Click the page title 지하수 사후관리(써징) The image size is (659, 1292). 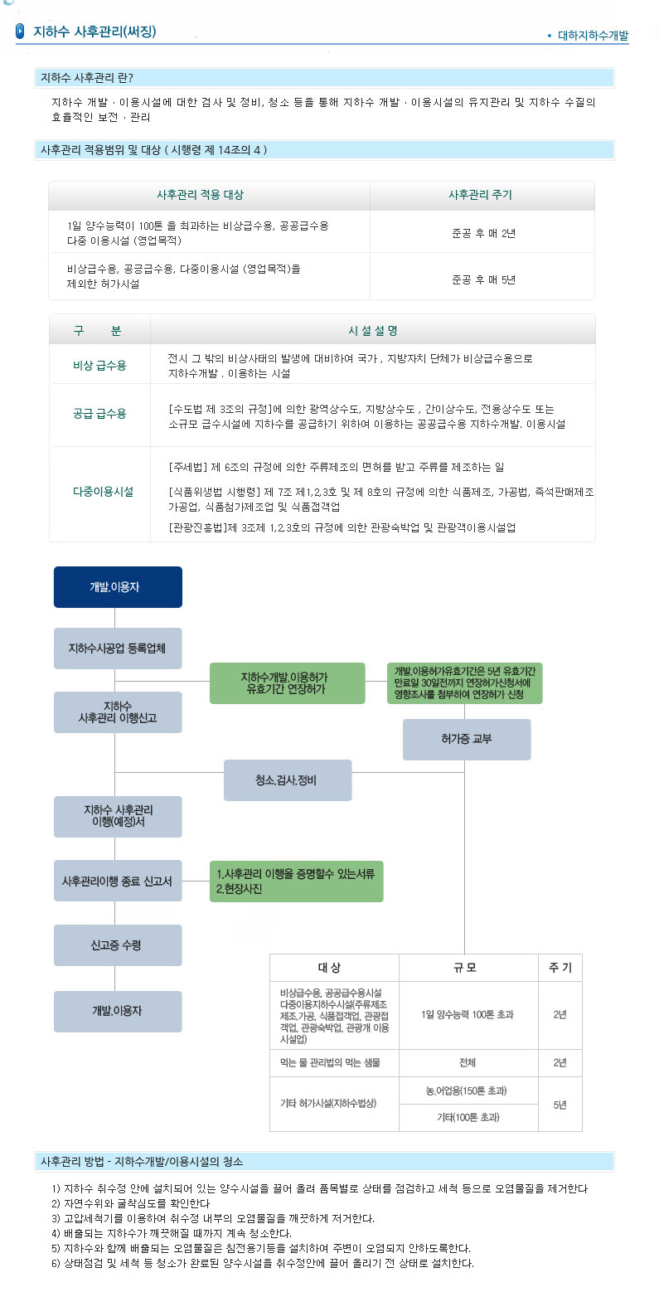pos(94,32)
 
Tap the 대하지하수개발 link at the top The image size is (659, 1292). pos(593,36)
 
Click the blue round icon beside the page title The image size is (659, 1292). pos(21,32)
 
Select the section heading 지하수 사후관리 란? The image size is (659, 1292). pos(87,78)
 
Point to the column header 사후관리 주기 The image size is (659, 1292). pos(480,195)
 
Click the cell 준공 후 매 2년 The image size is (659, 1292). pos(483,233)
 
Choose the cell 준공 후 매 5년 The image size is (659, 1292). pos(483,279)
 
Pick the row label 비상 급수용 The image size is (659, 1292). pos(99,365)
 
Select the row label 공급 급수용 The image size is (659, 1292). pos(99,414)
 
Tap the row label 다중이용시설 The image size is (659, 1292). pos(103,492)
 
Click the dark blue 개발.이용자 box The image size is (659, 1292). pos(118,587)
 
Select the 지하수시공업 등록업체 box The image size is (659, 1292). pos(118,648)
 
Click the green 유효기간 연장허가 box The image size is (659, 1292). pos(287,683)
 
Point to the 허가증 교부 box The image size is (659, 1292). pos(467,739)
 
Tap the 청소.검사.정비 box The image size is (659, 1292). pos(288,780)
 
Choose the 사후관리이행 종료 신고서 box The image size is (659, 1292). pos(118,882)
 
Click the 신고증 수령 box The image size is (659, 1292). pos(118,945)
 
